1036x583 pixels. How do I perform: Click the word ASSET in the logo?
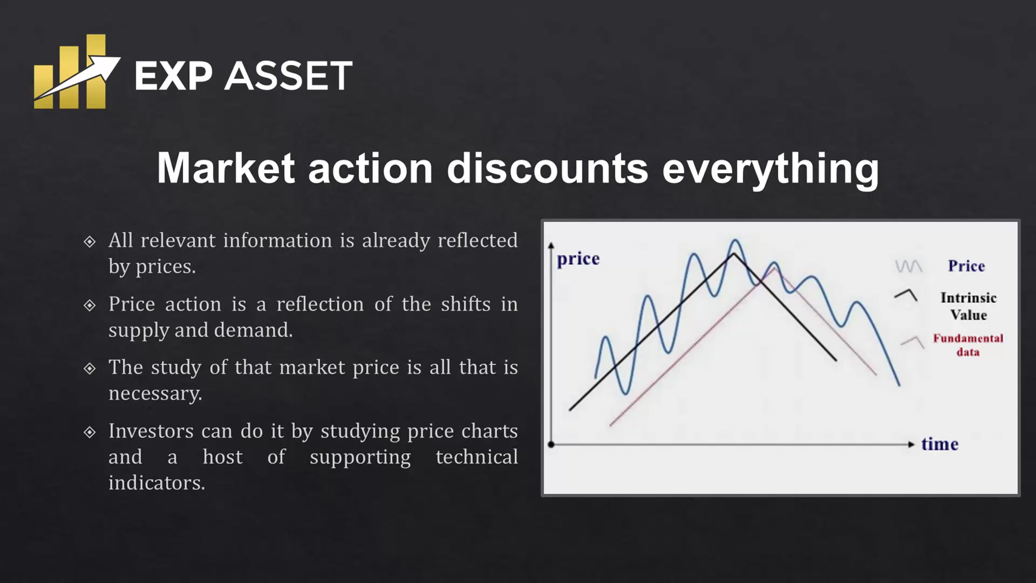(288, 76)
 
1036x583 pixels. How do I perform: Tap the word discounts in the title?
(547, 168)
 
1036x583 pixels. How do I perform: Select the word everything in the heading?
(771, 170)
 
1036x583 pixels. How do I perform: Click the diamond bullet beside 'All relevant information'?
(89, 241)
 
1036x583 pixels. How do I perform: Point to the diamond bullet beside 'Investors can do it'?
(89, 432)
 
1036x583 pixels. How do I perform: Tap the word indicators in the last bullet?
(157, 483)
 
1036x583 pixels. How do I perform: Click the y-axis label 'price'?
(578, 259)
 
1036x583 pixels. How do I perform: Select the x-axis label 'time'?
(940, 444)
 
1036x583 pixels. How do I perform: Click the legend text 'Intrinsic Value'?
(969, 306)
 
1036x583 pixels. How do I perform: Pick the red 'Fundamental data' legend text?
(968, 345)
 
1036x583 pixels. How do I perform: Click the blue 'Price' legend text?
(967, 266)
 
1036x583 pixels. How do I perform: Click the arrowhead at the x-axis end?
(911, 444)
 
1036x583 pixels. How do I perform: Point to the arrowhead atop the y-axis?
(551, 245)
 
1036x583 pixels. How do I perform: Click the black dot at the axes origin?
(551, 444)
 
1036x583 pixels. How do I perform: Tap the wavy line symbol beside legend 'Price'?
(909, 266)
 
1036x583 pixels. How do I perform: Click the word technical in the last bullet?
(477, 457)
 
